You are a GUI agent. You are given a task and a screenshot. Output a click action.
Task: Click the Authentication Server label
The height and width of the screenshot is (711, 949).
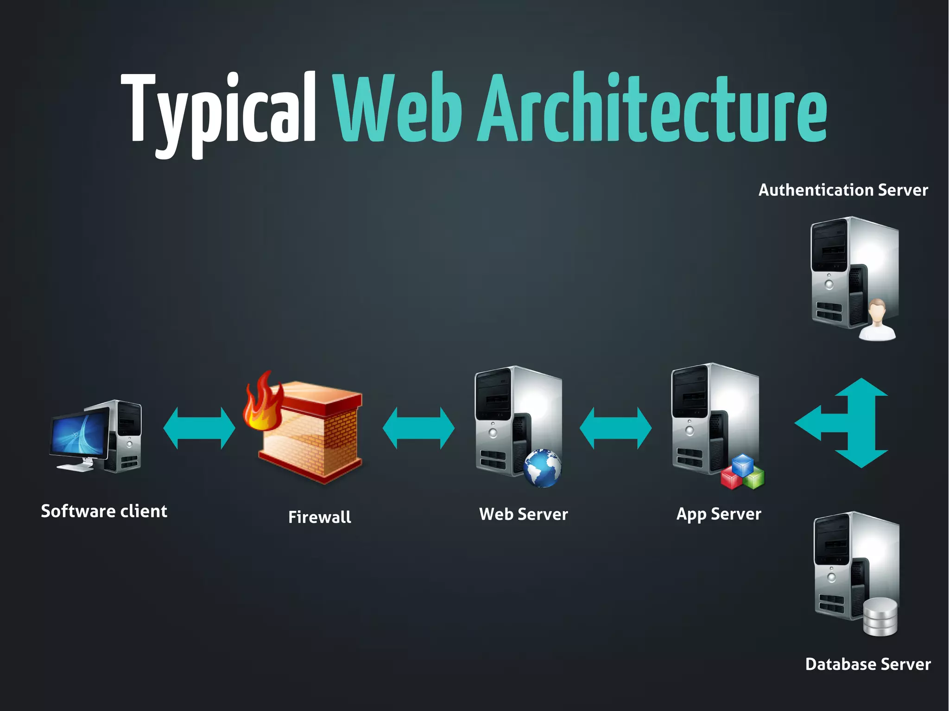click(843, 190)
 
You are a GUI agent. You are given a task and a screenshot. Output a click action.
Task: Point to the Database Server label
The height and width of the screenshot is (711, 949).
click(867, 664)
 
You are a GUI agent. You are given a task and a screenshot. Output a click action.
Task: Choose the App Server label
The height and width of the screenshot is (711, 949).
click(718, 514)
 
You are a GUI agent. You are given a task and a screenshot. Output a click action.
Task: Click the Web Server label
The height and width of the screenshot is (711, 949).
click(523, 514)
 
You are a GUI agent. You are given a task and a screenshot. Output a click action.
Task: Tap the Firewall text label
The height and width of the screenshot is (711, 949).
click(319, 517)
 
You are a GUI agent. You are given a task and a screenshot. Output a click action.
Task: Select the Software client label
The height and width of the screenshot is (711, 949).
click(104, 511)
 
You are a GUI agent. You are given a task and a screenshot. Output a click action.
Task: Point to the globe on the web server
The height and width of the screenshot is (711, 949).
click(542, 468)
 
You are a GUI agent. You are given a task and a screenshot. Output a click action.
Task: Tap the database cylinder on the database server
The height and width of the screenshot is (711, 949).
click(880, 617)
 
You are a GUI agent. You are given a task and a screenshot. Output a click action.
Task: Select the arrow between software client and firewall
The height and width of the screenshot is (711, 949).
click(199, 428)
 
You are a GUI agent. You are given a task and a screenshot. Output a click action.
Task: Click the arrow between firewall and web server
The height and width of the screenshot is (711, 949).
click(418, 428)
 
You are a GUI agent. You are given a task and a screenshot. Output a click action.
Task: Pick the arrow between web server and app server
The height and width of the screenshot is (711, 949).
click(615, 428)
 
